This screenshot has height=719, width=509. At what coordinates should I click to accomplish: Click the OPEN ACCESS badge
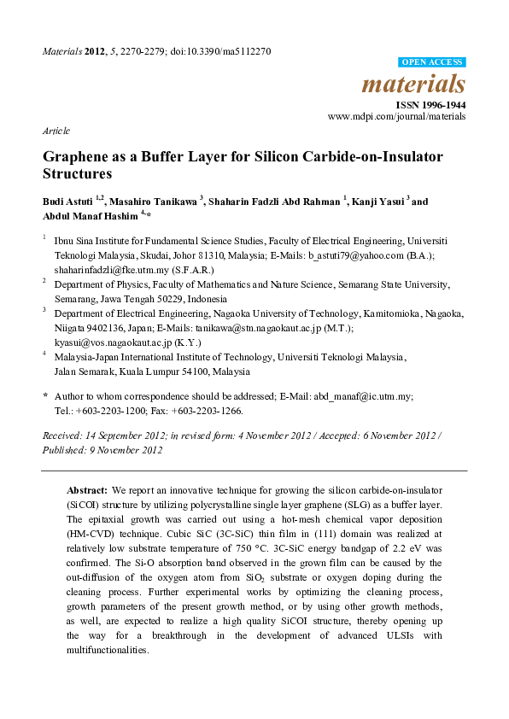point(432,62)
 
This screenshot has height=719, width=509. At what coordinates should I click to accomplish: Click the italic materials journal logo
point(414,85)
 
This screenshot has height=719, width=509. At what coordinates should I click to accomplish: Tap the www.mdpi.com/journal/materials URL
point(397,115)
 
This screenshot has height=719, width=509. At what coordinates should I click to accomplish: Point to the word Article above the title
point(56,131)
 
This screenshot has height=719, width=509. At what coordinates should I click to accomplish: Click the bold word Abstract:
point(87,490)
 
